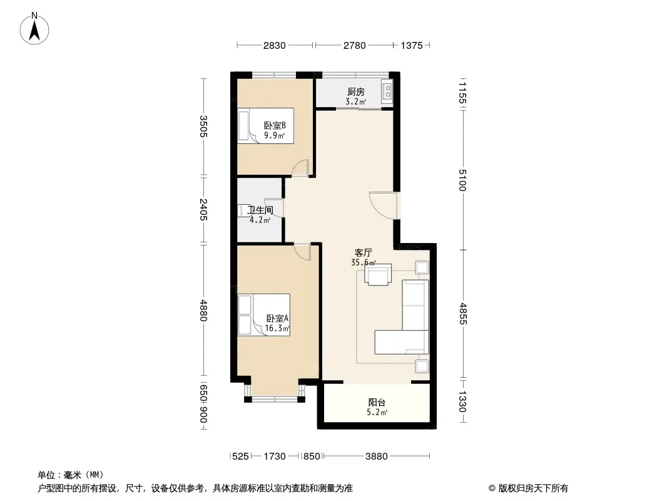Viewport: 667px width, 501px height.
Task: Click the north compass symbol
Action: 34,28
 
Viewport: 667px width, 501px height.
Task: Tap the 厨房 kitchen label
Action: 355,91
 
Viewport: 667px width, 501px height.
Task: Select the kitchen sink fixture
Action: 387,91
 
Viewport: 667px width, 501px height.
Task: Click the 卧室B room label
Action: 275,126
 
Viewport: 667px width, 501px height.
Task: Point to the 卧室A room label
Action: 277,318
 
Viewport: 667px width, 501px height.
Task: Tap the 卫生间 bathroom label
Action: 260,210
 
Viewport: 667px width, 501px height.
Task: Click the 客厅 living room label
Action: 364,253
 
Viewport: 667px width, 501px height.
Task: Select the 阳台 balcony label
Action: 377,402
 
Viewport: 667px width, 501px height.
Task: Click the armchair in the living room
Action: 378,274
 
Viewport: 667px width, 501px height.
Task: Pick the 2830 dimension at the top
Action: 275,45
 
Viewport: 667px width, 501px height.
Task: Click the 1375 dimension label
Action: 412,45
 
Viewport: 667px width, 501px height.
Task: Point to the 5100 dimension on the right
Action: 463,180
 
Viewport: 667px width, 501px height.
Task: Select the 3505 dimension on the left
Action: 203,127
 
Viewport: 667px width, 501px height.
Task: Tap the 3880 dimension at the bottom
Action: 377,457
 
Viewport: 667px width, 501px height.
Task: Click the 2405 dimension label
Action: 203,209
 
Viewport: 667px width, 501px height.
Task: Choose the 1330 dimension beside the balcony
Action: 463,402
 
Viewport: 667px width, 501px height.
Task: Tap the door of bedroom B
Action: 301,167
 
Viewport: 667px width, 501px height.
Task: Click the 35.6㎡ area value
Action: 364,262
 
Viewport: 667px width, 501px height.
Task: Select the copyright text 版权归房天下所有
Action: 533,488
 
